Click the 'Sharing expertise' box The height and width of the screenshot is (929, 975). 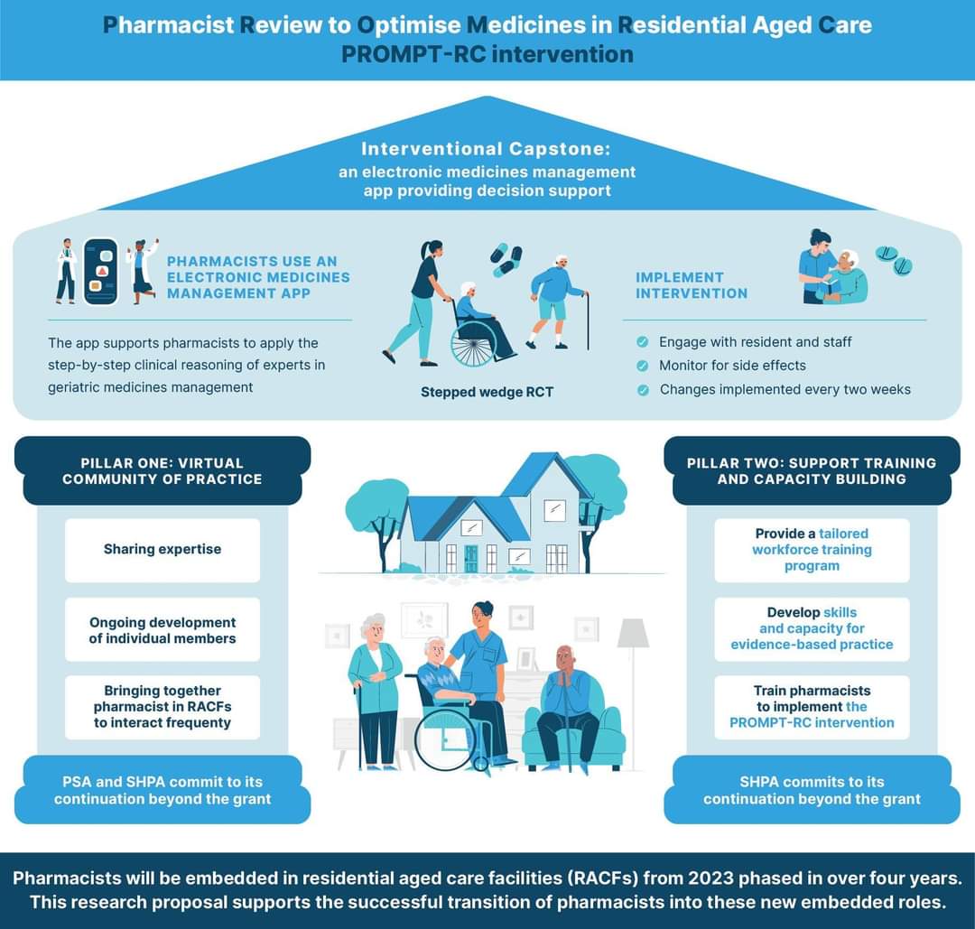point(162,549)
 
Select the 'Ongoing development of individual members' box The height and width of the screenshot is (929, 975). point(162,630)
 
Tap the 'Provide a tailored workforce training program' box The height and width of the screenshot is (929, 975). point(812,550)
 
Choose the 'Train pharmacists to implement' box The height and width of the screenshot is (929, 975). point(812,706)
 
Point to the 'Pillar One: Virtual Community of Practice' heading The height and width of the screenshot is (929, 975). point(162,470)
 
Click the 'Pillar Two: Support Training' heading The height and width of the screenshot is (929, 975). point(812,470)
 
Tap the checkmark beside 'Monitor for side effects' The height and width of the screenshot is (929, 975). point(642,366)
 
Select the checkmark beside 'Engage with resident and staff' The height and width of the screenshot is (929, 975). point(642,342)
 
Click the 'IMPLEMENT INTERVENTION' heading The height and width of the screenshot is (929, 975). point(692,285)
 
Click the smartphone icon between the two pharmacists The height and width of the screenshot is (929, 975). point(100,271)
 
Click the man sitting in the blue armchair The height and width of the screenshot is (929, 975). point(567,704)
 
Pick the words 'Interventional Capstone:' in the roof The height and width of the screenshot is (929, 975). point(487,149)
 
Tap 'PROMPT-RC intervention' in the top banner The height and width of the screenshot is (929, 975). point(487,53)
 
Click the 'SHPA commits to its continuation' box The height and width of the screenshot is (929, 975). point(812,790)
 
